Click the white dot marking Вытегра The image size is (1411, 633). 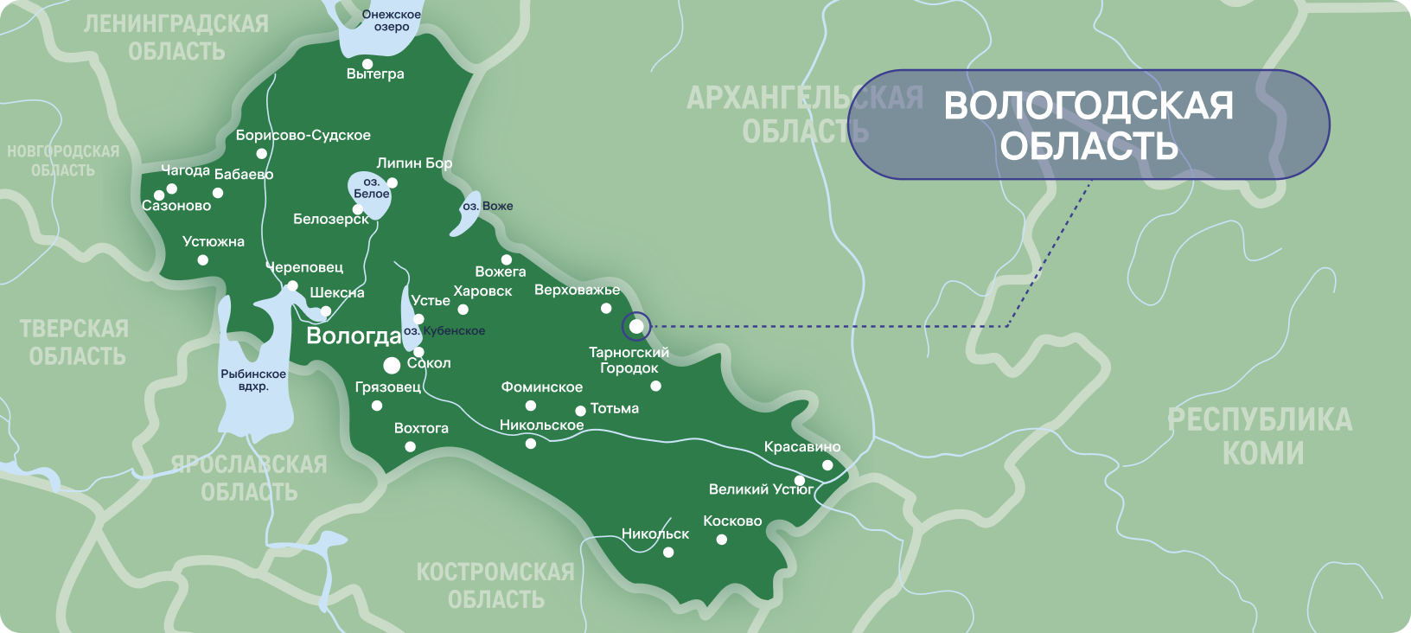point(367,64)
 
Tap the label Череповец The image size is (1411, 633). point(304,268)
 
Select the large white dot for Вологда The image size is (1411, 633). point(392,365)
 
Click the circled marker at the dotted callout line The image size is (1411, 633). point(636,326)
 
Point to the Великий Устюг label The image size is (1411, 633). point(761,489)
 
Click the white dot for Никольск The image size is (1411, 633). point(668,552)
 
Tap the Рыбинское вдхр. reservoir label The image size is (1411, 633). point(253,380)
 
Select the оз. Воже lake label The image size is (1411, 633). point(488,206)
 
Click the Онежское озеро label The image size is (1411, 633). point(392,21)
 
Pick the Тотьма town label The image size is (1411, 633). point(615,408)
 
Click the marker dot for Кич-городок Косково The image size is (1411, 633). point(721,540)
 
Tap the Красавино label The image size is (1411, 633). point(802,447)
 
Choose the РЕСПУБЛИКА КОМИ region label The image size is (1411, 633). point(1261,436)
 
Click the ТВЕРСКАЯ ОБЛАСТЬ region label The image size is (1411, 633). point(74,342)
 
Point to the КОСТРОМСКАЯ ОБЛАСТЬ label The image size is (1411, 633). point(495,585)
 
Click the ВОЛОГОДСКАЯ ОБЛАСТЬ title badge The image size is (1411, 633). point(1089,125)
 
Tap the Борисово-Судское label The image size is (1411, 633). point(303,136)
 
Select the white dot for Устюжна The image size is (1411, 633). point(202,259)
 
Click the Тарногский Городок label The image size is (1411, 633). point(629,360)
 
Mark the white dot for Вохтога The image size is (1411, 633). point(410,447)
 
